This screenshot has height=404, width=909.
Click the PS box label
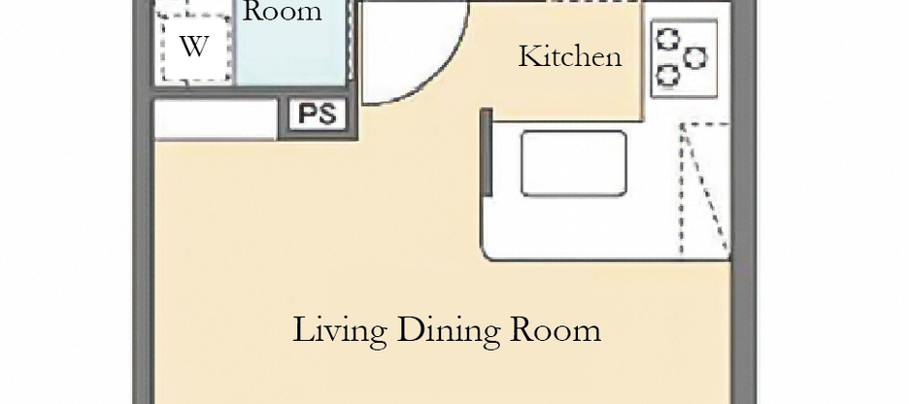point(318,115)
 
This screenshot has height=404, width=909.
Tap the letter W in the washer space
point(193,47)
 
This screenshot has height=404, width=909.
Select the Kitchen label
point(569,56)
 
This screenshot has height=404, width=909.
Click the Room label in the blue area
point(282,13)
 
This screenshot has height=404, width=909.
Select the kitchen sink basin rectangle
point(573,163)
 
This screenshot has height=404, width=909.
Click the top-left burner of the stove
point(668,40)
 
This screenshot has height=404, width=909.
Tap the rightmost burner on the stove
point(695,58)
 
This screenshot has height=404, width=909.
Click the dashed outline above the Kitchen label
point(592,3)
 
